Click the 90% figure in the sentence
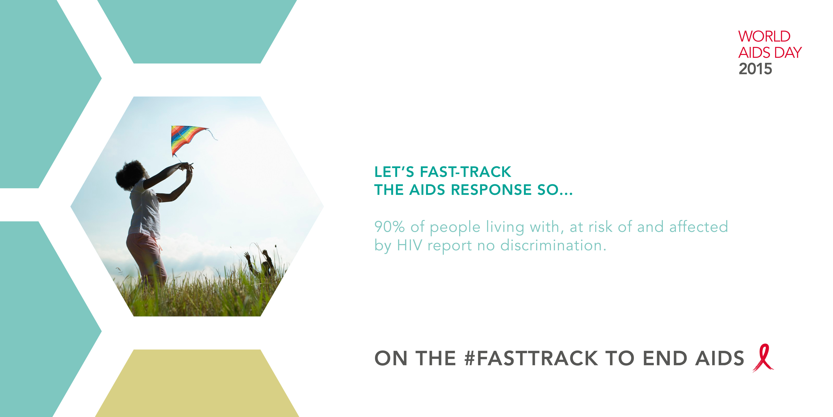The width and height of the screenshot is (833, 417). (389, 227)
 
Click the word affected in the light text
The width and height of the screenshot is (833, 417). (698, 227)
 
